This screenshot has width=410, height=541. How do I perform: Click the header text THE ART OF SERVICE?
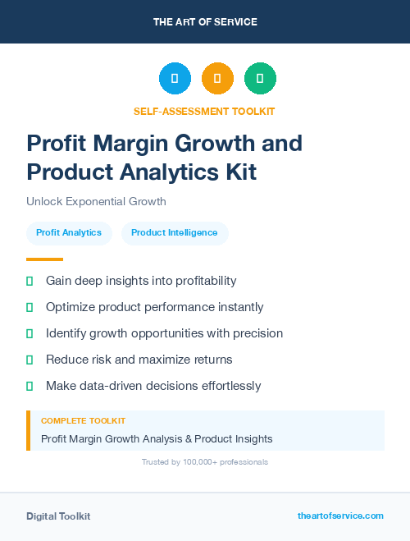(205, 22)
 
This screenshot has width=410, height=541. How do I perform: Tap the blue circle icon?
(175, 79)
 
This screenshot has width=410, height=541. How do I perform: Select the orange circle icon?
(217, 79)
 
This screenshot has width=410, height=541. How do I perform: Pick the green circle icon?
(260, 79)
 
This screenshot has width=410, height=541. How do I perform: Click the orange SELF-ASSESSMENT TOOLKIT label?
(204, 111)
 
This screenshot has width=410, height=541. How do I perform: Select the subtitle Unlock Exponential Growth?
(96, 201)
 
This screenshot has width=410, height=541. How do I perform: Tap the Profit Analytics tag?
(69, 233)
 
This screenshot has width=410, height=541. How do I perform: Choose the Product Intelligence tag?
(175, 233)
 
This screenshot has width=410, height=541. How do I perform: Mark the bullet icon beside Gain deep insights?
(30, 281)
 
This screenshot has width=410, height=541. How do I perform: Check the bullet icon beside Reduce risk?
(30, 360)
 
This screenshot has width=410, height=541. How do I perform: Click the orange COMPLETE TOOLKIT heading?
(84, 421)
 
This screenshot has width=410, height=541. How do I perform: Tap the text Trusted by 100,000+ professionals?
(204, 462)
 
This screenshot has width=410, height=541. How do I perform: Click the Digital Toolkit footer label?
(58, 516)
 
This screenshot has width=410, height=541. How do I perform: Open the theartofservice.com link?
(340, 516)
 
